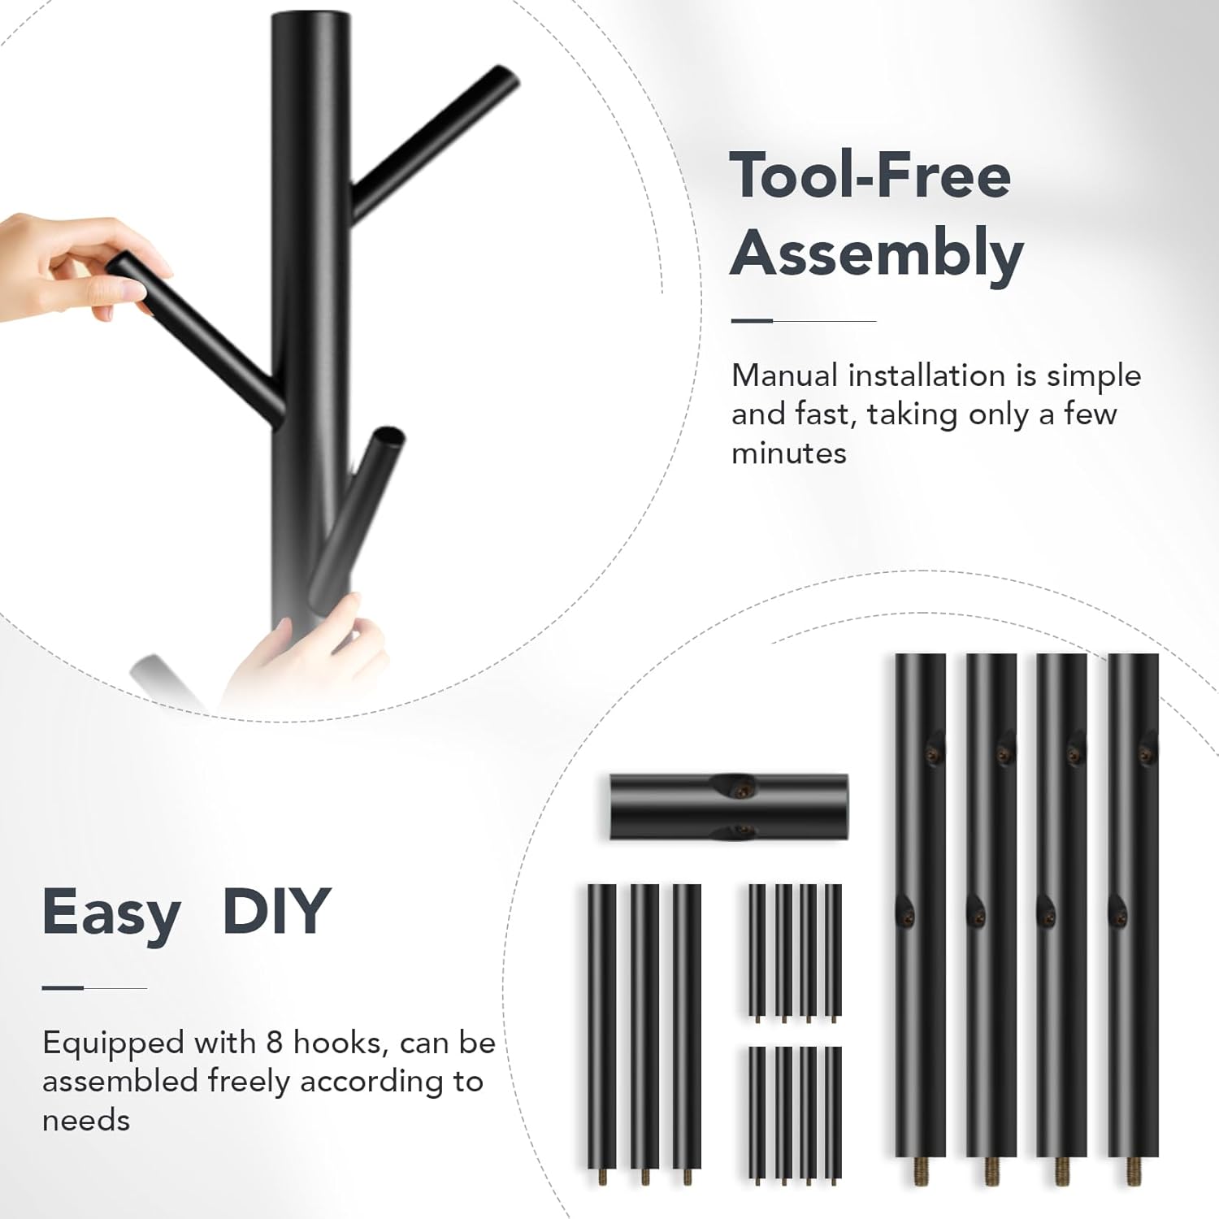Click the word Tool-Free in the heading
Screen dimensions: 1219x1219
coord(870,175)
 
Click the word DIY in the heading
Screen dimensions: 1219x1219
coord(276,911)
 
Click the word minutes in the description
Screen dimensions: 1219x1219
coord(788,453)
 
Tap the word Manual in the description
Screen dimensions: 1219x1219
coord(784,375)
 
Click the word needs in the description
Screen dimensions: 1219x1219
coord(86,1121)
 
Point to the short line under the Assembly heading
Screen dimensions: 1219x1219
coord(803,321)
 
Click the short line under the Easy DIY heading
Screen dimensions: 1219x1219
coord(94,988)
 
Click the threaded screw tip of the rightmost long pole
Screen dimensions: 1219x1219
coord(1132,1169)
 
